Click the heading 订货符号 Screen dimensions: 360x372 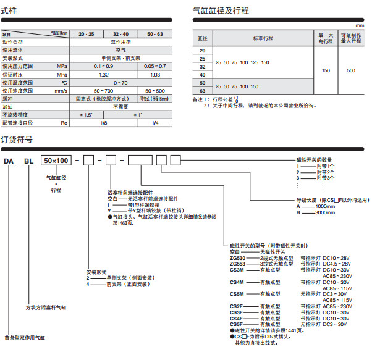pos(17,140)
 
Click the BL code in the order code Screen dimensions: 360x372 pos(28,162)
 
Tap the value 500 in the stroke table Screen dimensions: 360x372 pos(351,71)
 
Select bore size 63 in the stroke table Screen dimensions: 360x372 pos(202,91)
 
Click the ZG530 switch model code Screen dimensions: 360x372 pos(237,257)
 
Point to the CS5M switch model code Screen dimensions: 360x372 pos(237,293)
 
